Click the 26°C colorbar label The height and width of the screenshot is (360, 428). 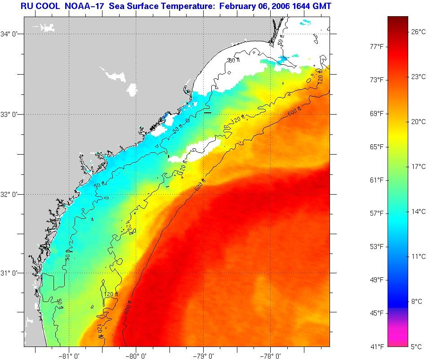418,31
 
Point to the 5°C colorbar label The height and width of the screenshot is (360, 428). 416,347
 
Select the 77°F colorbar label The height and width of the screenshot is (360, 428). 376,46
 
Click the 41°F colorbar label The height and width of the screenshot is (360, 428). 376,347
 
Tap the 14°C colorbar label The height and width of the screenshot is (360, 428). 418,212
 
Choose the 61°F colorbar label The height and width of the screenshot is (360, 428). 376,180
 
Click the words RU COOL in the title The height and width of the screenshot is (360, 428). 38,6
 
